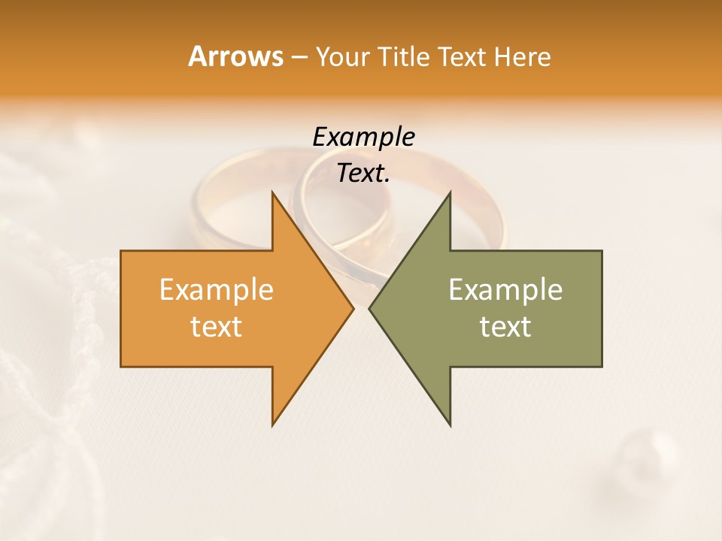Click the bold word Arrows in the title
click(235, 56)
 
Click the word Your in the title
click(343, 57)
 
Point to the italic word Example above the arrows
click(363, 137)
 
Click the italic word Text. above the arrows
click(363, 173)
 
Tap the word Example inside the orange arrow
click(217, 289)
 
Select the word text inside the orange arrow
click(217, 326)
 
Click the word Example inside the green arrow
click(505, 289)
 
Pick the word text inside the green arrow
click(505, 326)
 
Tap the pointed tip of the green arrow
click(370, 308)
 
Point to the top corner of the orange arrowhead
click(273, 193)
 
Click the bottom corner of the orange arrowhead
click(273, 425)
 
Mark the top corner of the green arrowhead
click(450, 193)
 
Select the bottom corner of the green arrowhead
click(450, 425)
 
